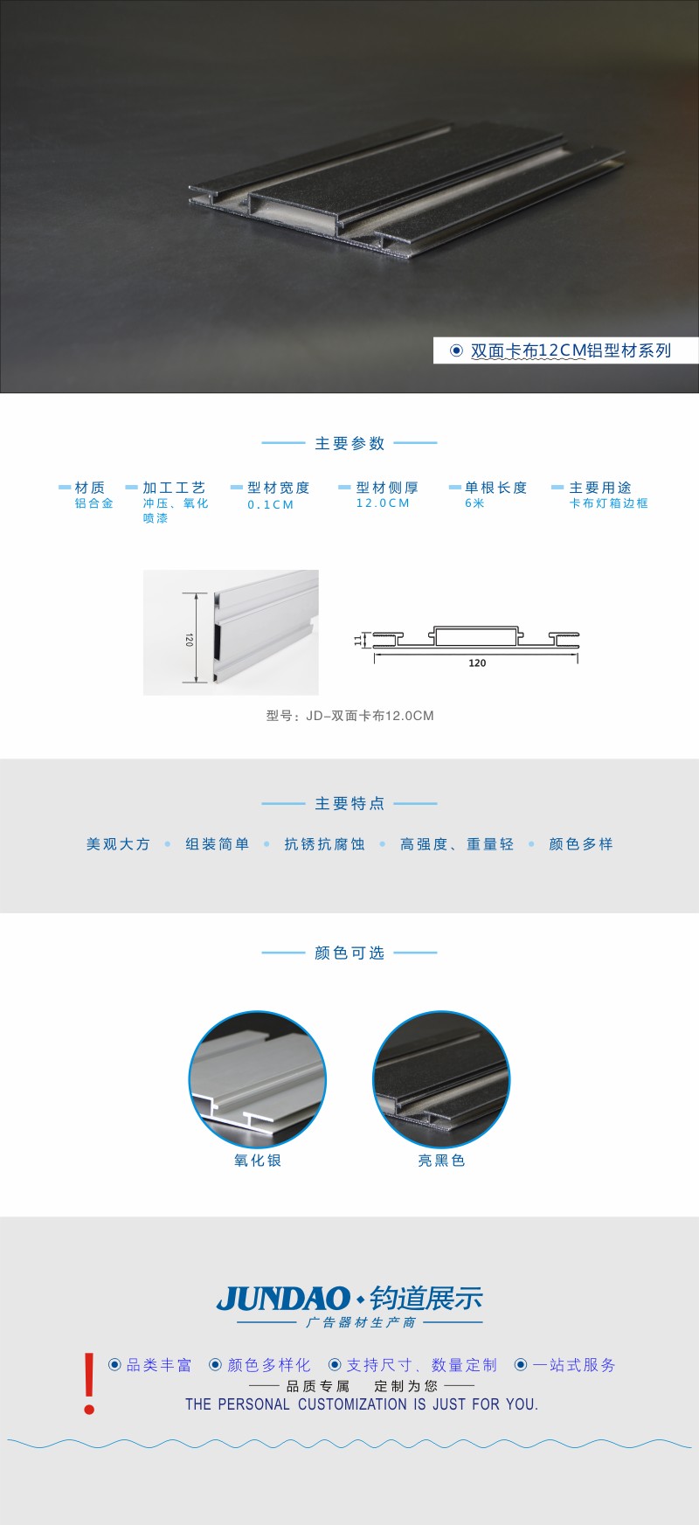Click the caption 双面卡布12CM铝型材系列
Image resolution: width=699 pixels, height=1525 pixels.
pyautogui.click(x=571, y=350)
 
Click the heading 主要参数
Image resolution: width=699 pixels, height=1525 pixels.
pyautogui.click(x=349, y=443)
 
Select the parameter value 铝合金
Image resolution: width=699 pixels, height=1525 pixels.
pyautogui.click(x=93, y=503)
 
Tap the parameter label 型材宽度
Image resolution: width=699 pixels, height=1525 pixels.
pyautogui.click(x=278, y=488)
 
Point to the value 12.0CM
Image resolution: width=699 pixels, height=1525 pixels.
pyautogui.click(x=383, y=503)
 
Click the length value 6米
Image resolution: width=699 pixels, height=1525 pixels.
pyautogui.click(x=474, y=503)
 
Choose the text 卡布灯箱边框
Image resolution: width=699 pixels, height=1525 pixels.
pyautogui.click(x=608, y=503)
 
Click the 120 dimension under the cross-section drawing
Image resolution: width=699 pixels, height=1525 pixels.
pyautogui.click(x=477, y=663)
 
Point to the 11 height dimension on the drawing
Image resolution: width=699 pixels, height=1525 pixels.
pyautogui.click(x=358, y=640)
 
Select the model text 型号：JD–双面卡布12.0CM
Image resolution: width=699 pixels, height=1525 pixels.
pyautogui.click(x=349, y=716)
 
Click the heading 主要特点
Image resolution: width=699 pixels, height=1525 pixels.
pyautogui.click(x=349, y=803)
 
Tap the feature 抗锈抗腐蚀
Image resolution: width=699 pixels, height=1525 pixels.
pyautogui.click(x=324, y=844)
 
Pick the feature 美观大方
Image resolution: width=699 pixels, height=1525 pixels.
pyautogui.click(x=118, y=844)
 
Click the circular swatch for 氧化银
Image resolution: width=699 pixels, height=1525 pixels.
pyautogui.click(x=258, y=1079)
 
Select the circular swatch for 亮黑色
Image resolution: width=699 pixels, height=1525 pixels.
pyautogui.click(x=441, y=1079)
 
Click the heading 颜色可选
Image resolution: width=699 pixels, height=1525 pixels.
pyautogui.click(x=349, y=953)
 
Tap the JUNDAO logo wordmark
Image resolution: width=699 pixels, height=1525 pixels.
pyautogui.click(x=283, y=1299)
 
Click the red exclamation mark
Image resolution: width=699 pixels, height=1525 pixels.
pyautogui.click(x=89, y=1383)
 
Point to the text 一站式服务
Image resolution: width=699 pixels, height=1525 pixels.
pyautogui.click(x=574, y=1365)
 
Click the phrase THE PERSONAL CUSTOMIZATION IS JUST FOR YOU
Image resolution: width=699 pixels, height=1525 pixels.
pyautogui.click(x=362, y=1404)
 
